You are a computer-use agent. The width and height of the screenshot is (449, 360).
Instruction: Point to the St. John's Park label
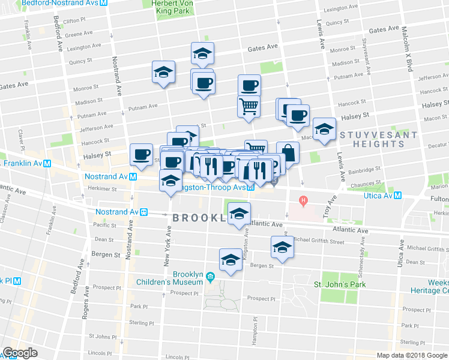[x=342, y=283]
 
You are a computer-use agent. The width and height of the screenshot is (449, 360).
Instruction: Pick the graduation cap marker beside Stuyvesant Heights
[x=324, y=129]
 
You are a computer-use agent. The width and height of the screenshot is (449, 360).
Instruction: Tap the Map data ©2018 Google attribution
[x=412, y=355]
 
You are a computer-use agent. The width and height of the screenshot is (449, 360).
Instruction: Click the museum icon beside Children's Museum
[x=209, y=277]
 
